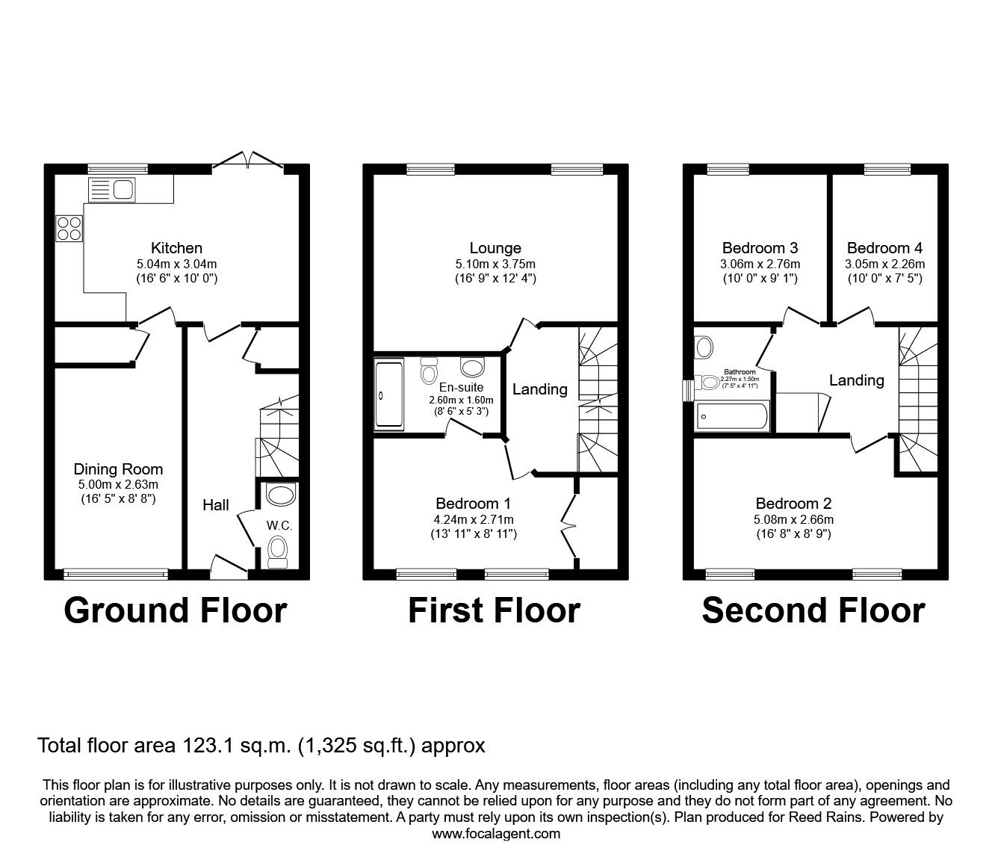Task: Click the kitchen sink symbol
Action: (x=111, y=190)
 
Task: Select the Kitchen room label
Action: (x=176, y=248)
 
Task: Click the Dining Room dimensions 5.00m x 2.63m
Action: (x=118, y=483)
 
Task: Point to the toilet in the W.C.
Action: (x=278, y=548)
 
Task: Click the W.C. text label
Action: (x=279, y=525)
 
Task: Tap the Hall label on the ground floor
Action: (x=216, y=505)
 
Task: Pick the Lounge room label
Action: (x=495, y=248)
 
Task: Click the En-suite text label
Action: (x=461, y=387)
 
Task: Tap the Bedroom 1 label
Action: (x=474, y=504)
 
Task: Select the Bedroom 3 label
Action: (x=760, y=248)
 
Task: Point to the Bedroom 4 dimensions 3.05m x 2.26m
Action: (x=884, y=264)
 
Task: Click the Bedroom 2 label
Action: (x=793, y=504)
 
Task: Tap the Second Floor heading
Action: (x=813, y=610)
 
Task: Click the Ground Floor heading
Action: (x=176, y=610)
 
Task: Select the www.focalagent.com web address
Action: (x=496, y=833)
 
